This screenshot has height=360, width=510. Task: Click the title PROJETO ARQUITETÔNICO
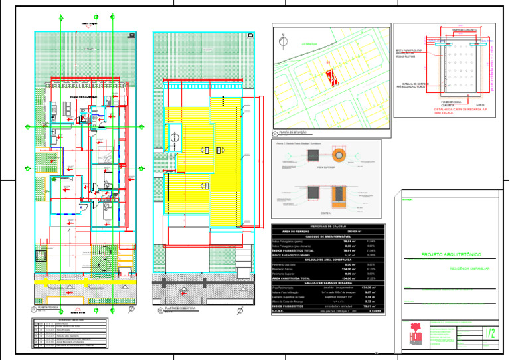pos(451,255)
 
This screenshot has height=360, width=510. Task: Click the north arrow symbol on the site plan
pos(284,39)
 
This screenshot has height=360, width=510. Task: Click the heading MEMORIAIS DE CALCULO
pos(325,226)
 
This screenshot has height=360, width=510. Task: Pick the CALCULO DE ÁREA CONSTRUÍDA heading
pos(325,259)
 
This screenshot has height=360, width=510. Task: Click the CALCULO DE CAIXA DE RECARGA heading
pos(325,282)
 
